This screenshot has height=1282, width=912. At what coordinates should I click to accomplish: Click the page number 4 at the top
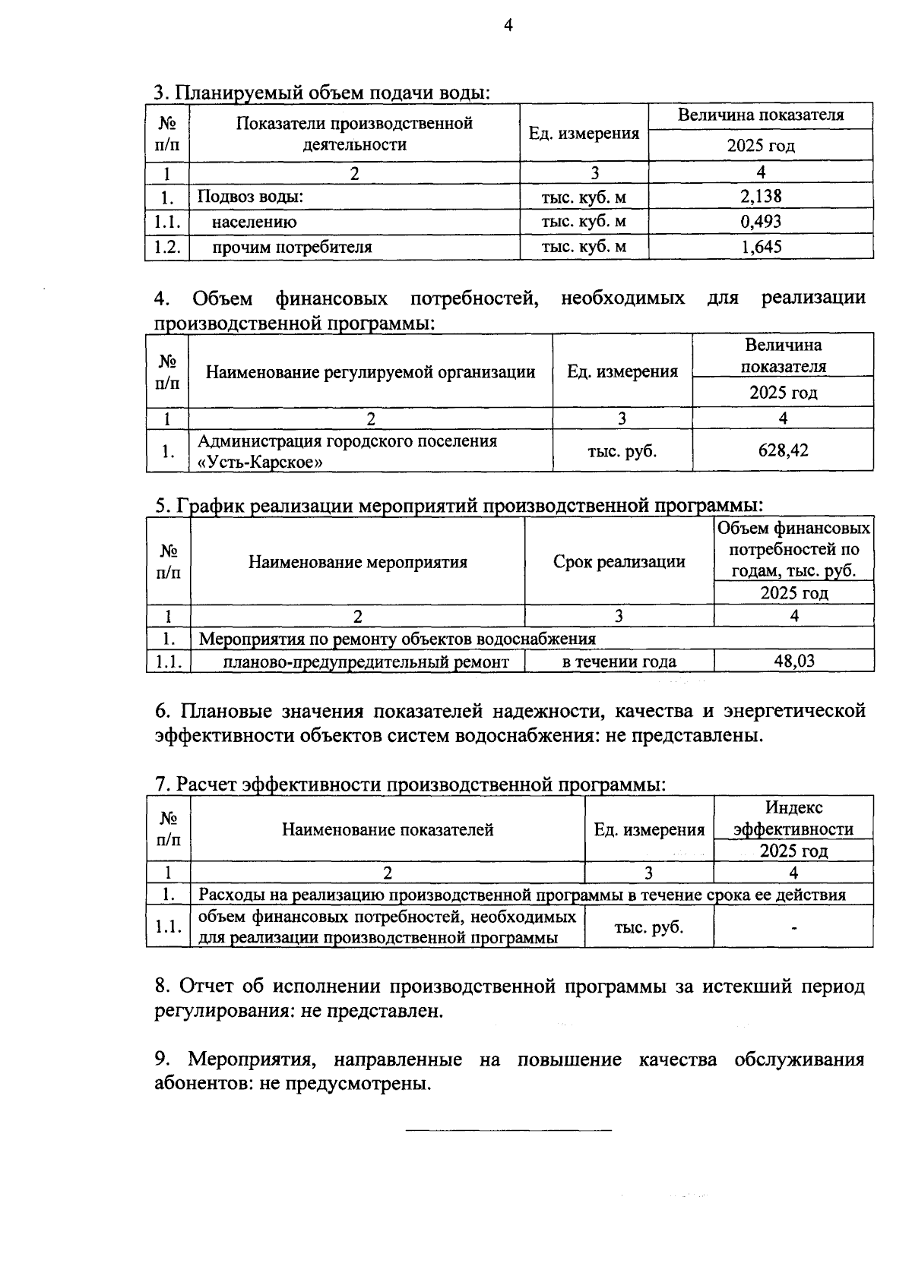point(508,26)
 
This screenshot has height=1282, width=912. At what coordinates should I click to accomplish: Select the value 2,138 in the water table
point(761,197)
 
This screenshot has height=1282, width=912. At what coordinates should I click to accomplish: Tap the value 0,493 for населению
point(761,222)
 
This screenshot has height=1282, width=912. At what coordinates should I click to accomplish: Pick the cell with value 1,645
point(761,247)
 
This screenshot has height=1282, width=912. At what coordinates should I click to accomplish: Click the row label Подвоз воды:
point(251,197)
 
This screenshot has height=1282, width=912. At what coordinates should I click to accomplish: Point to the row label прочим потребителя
point(292,247)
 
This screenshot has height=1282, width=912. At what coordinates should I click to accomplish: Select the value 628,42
point(783,450)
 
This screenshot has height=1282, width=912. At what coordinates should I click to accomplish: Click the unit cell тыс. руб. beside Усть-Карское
point(622,451)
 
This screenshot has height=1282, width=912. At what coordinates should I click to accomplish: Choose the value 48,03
point(794,661)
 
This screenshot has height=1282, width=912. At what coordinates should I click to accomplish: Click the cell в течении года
point(619,662)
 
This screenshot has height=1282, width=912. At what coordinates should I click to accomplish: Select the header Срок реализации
point(619,562)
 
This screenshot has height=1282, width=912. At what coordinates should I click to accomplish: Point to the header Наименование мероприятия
point(357,562)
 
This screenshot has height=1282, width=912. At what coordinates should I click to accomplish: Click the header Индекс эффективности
point(793,819)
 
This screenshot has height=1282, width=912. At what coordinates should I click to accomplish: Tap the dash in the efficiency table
point(793,927)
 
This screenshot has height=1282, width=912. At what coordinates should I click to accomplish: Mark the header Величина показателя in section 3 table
point(761,115)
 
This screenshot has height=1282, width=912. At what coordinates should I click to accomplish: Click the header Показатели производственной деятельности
point(354,134)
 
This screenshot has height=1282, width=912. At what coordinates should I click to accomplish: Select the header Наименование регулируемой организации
point(370,372)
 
